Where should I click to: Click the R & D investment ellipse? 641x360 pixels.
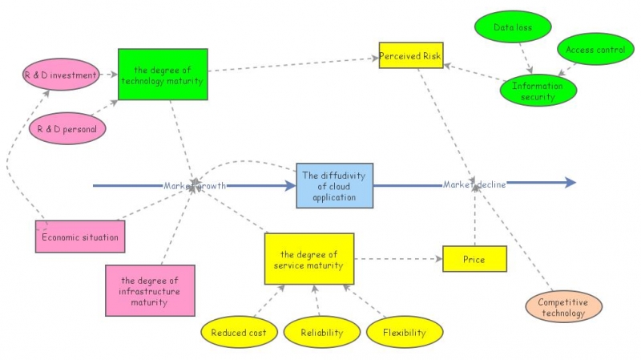pos(61,75)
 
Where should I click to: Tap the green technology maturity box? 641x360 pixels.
pos(163,75)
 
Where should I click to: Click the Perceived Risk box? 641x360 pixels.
pos(410,56)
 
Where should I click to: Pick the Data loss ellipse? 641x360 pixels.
pos(513,28)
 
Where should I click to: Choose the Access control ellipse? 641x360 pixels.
pos(595,50)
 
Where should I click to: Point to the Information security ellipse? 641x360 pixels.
pos(538,91)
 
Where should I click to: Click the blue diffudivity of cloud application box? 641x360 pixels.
pos(334,185)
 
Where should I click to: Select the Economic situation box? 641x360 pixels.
pos(80,237)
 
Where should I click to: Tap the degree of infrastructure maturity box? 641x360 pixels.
pos(149,291)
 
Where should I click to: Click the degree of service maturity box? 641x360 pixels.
pos(309,259)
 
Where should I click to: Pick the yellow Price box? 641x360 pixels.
pos(474,259)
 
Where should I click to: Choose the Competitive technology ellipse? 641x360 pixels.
pos(562,308)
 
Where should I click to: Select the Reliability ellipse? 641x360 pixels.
pos(322,332)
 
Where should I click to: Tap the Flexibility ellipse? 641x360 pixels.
pos(405,332)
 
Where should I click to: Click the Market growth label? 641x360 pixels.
pos(195,185)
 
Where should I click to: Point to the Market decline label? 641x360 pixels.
pos(474,184)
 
